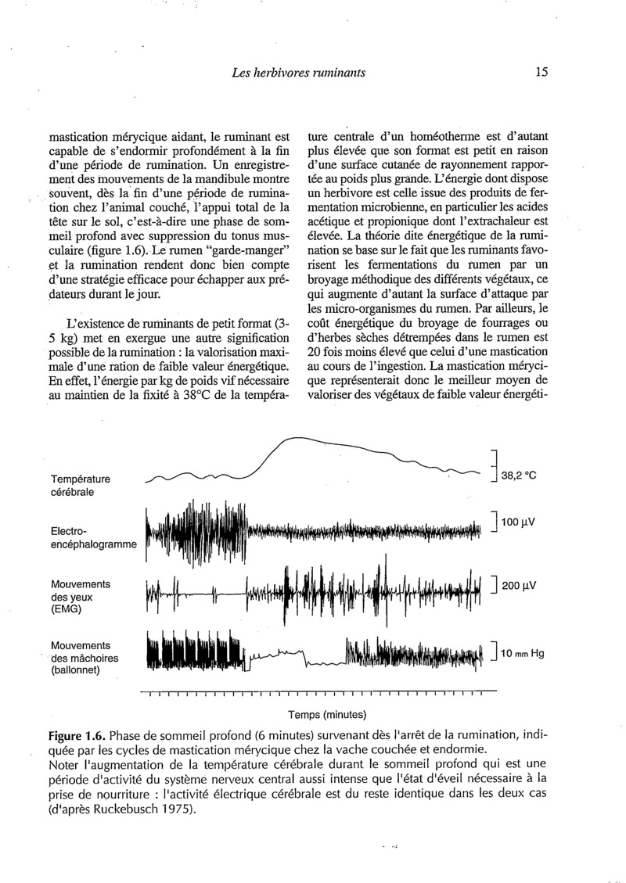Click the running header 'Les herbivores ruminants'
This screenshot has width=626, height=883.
coord(300,74)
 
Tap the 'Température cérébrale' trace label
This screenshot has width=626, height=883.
coord(81,485)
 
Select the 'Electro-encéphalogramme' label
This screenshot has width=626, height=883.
coord(93,537)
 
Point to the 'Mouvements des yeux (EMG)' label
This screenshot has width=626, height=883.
coord(81,596)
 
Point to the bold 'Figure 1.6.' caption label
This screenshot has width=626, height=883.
coord(75,737)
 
